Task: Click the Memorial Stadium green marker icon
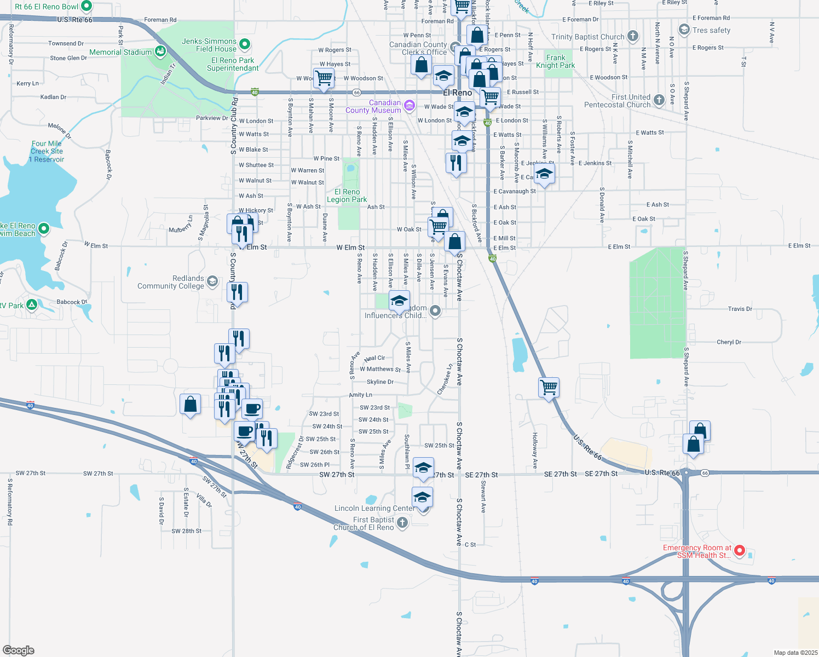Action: tap(160, 52)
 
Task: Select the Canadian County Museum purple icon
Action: tap(409, 105)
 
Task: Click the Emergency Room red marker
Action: tap(739, 550)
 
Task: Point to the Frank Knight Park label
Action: tap(555, 61)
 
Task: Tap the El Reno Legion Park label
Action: tap(347, 195)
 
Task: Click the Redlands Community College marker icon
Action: tap(212, 281)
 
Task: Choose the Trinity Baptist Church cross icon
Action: tap(633, 37)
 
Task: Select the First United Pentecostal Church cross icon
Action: tap(659, 101)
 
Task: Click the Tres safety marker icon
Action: tap(684, 30)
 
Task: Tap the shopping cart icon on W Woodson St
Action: tap(324, 78)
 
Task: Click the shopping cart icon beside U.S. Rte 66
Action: tap(549, 387)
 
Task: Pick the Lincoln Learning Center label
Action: tap(375, 508)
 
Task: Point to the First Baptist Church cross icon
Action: tap(402, 522)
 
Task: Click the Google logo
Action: tap(18, 650)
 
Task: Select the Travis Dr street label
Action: tap(740, 309)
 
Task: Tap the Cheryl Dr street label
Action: tap(729, 342)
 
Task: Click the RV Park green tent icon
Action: tap(32, 305)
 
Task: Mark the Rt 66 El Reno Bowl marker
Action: tap(86, 7)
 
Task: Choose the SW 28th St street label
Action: tap(186, 531)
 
